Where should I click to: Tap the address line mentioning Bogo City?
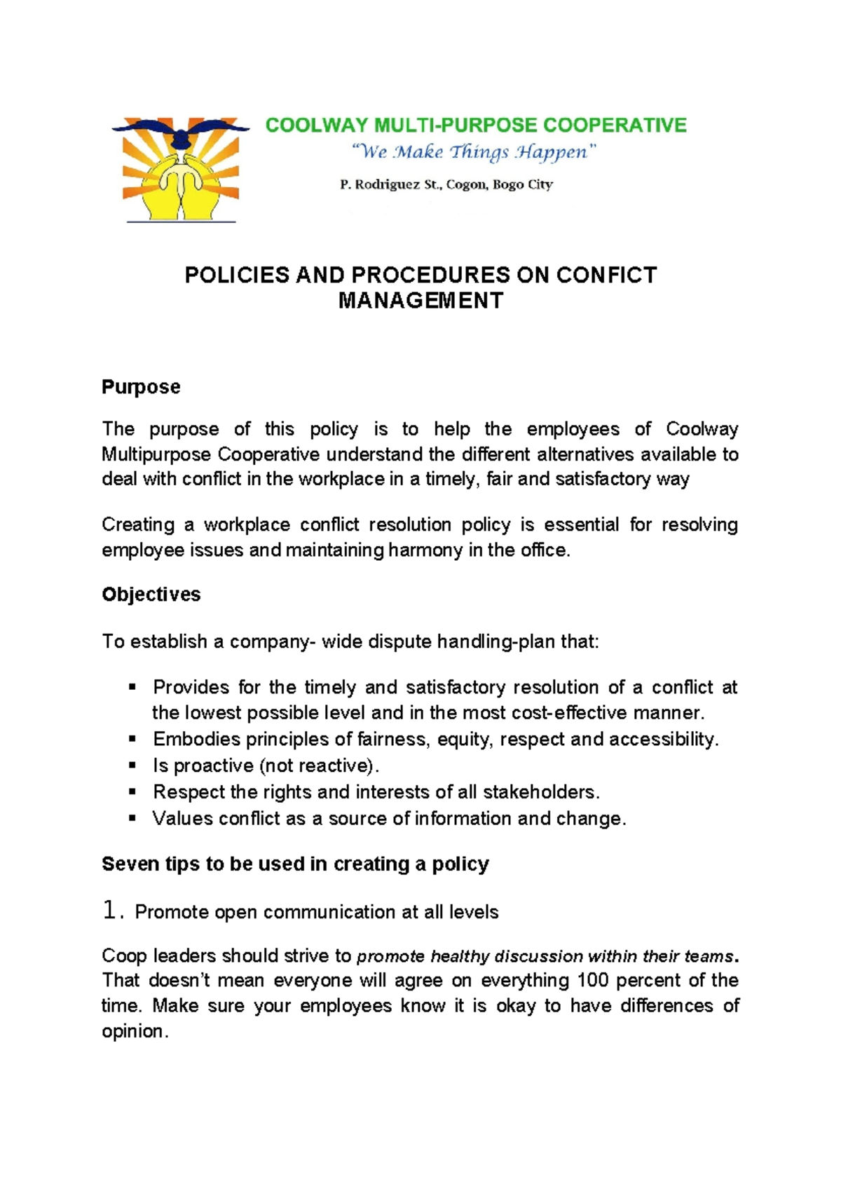pyautogui.click(x=446, y=185)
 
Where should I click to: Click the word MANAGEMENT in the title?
pyautogui.click(x=420, y=301)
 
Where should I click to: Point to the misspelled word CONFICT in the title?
pyautogui.click(x=607, y=275)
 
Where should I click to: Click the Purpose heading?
pyautogui.click(x=141, y=387)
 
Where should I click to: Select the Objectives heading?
pyautogui.click(x=151, y=594)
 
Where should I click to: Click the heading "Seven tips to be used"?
pyautogui.click(x=295, y=864)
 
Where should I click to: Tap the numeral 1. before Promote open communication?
pyautogui.click(x=112, y=911)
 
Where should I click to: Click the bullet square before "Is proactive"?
pyautogui.click(x=132, y=766)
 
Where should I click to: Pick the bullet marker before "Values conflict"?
pyautogui.click(x=132, y=818)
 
